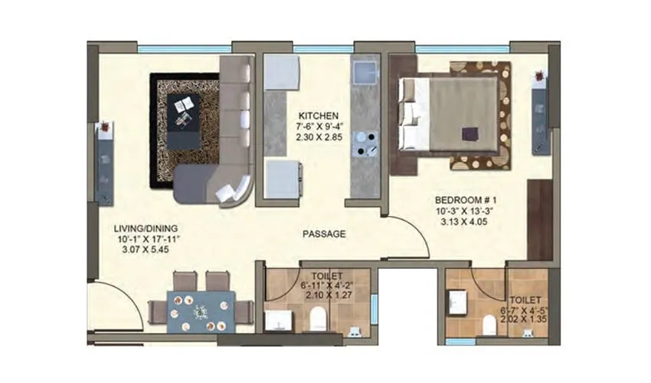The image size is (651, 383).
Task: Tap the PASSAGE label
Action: pos(324,234)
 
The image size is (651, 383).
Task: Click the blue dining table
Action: pos(201,312)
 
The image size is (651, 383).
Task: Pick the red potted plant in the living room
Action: pos(105,124)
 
